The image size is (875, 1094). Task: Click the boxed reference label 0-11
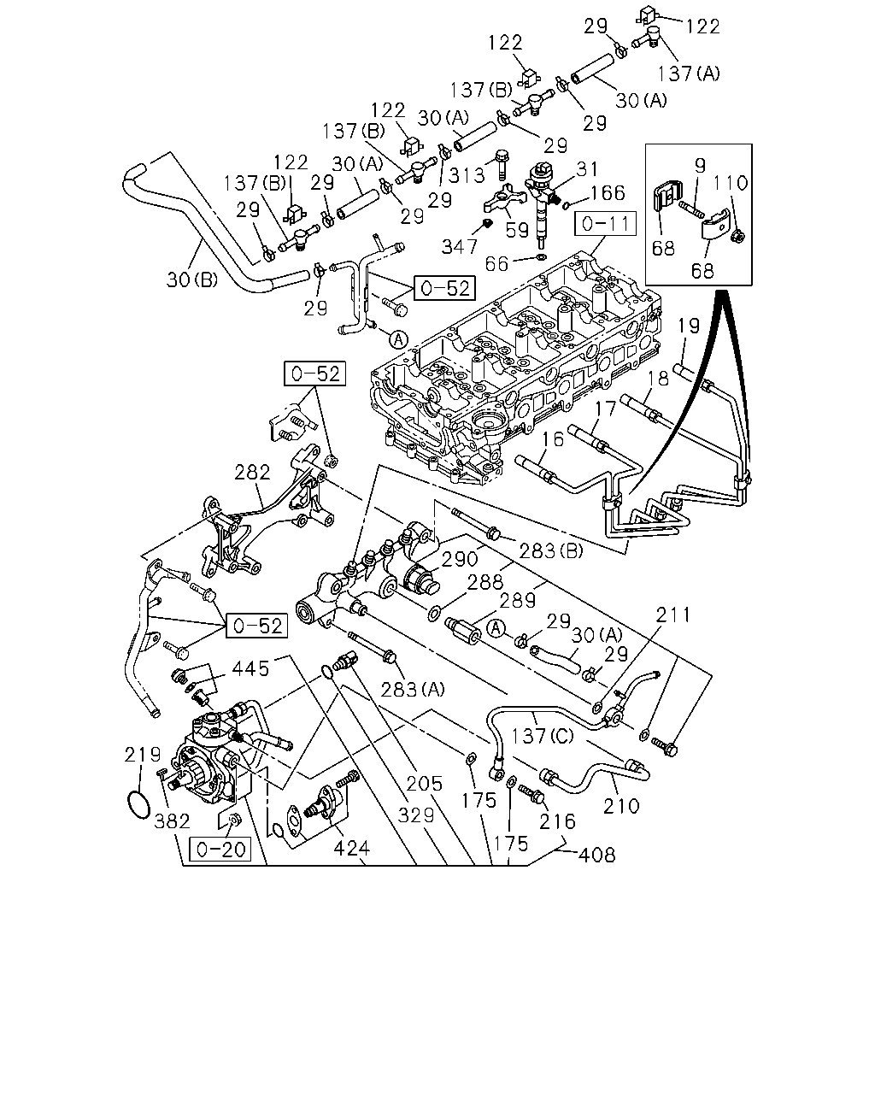605,224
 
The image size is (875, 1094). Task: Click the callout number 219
143,755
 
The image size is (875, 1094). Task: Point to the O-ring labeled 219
138,804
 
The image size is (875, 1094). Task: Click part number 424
352,848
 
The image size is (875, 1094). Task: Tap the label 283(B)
551,550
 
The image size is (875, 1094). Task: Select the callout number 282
252,473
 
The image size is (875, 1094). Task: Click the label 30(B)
192,279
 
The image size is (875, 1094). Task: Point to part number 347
460,246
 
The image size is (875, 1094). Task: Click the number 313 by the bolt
467,175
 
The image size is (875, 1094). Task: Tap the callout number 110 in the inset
730,183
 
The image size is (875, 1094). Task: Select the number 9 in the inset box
700,165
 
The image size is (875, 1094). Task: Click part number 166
607,192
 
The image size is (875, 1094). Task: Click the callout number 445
250,668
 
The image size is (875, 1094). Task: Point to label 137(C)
542,736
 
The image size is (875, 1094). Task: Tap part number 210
620,806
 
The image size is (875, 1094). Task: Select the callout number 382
172,821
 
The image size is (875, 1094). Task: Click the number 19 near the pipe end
689,326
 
